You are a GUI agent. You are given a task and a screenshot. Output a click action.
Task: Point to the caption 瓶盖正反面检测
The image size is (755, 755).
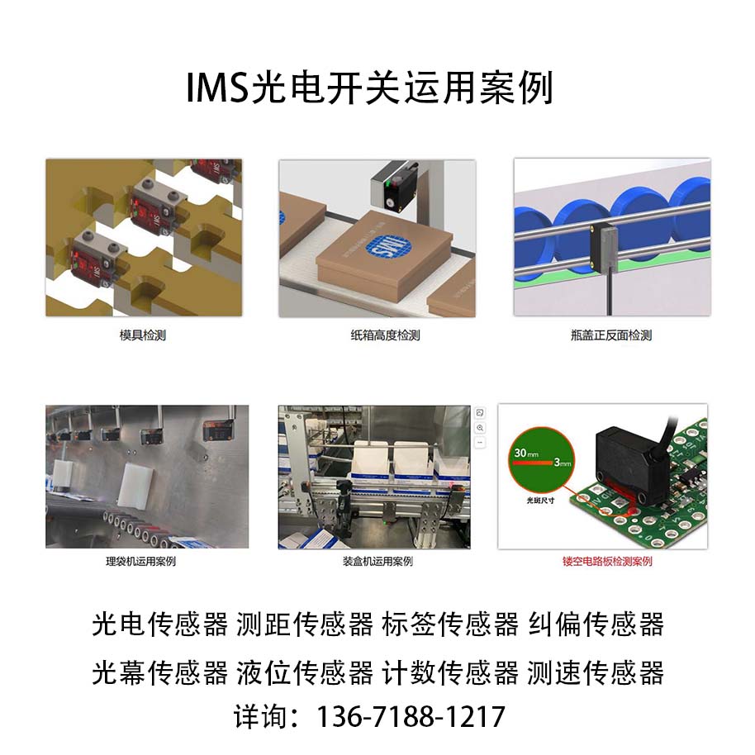pyautogui.click(x=611, y=335)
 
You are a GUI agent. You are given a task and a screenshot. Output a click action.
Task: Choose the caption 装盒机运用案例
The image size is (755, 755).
pyautogui.click(x=377, y=562)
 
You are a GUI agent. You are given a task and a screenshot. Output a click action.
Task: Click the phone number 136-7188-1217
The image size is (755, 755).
pyautogui.click(x=411, y=715)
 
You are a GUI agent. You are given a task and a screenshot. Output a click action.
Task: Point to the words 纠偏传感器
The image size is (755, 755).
pyautogui.click(x=596, y=624)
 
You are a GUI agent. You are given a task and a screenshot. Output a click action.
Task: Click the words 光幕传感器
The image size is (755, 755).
pyautogui.click(x=159, y=672)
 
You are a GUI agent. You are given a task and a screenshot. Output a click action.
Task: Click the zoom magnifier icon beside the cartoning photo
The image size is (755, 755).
pyautogui.click(x=480, y=428)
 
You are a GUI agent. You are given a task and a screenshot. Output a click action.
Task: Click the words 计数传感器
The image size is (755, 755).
pyautogui.click(x=450, y=672)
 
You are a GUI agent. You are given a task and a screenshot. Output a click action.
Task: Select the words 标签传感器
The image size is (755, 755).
pyautogui.click(x=450, y=624)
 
